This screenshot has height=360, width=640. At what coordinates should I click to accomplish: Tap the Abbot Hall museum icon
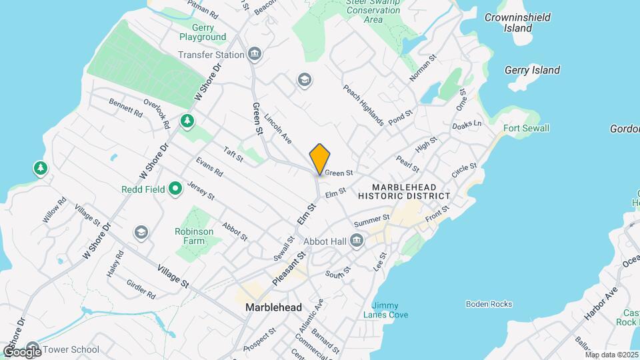[x=357, y=241]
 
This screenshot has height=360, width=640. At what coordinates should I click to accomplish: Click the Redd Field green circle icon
[x=175, y=189]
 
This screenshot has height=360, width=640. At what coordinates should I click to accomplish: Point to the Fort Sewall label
[x=526, y=128]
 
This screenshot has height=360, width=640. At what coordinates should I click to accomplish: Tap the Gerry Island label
[x=532, y=70]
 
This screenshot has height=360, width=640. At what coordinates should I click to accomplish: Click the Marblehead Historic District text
[x=404, y=191]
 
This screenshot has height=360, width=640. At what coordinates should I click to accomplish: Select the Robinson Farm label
[x=195, y=236]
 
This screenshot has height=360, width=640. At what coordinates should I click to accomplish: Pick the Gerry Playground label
[x=203, y=31]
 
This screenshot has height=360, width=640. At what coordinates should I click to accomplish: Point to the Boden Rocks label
[x=489, y=304]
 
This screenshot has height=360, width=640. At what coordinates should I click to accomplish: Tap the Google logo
[x=22, y=351]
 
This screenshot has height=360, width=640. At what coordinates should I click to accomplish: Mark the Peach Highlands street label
[x=363, y=105]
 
